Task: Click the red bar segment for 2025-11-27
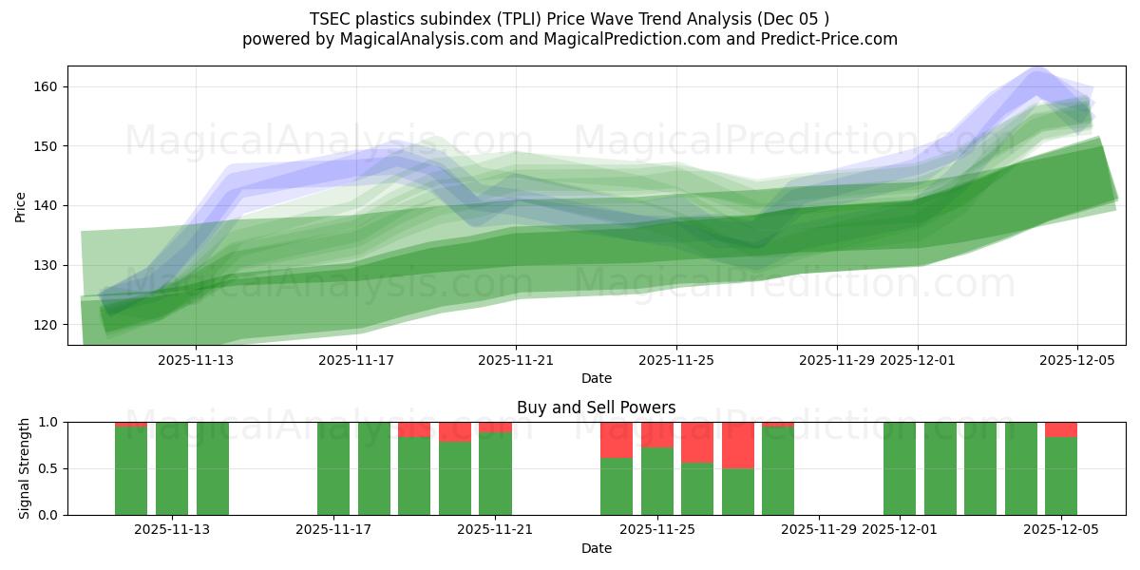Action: pyautogui.click(x=737, y=445)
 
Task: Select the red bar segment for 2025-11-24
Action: pyautogui.click(x=617, y=440)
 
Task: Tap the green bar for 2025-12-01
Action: pyautogui.click(x=899, y=468)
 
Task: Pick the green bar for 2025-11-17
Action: pyautogui.click(x=333, y=468)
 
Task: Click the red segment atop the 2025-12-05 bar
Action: pyautogui.click(x=1061, y=429)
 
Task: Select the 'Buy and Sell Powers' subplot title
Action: pyautogui.click(x=596, y=408)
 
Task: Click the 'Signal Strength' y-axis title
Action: pyautogui.click(x=25, y=468)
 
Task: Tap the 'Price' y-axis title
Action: pyautogui.click(x=21, y=205)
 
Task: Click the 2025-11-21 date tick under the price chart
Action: pyautogui.click(x=516, y=360)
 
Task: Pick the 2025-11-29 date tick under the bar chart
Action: pyautogui.click(x=818, y=530)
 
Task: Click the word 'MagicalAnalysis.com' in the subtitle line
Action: pyautogui.click(x=407, y=39)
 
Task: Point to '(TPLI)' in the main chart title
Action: pyautogui.click(x=503, y=19)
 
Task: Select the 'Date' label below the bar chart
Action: pyautogui.click(x=596, y=548)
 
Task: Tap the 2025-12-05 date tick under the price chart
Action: pyautogui.click(x=1076, y=360)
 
